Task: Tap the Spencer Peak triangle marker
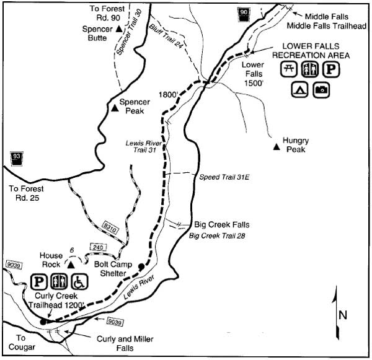(x=115, y=108)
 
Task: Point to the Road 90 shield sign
(x=244, y=13)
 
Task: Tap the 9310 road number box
(x=110, y=230)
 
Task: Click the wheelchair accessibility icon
(x=81, y=282)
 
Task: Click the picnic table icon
(x=288, y=69)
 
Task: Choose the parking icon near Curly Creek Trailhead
(x=38, y=282)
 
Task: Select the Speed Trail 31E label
(x=219, y=177)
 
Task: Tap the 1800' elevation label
(x=168, y=94)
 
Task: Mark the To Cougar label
(x=21, y=342)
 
